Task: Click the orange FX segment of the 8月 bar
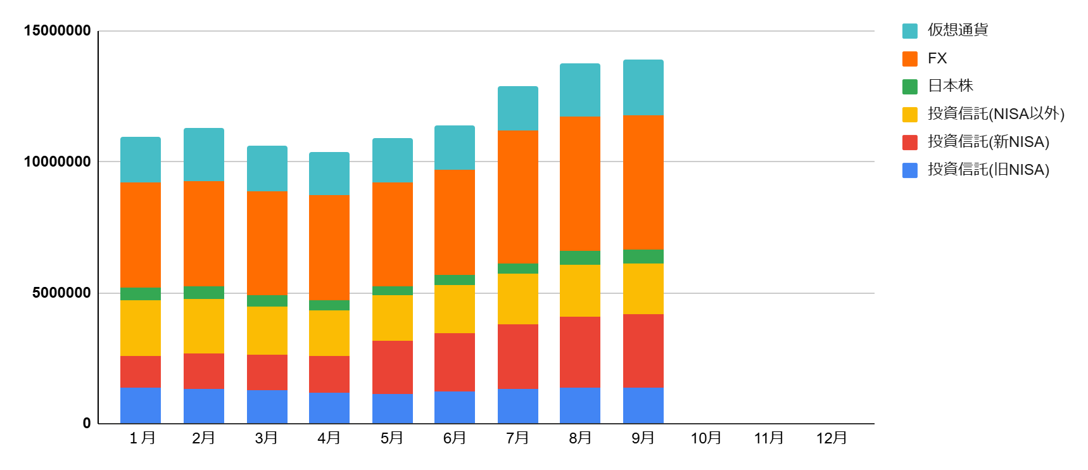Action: pos(579,183)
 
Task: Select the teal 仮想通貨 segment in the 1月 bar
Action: pos(140,159)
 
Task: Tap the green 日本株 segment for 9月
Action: pos(643,256)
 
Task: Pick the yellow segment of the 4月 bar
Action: pos(329,333)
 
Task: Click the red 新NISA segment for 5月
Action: pos(392,367)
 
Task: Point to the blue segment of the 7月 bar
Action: pos(517,405)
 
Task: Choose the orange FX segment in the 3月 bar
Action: pos(267,243)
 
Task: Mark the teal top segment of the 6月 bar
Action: pos(454,147)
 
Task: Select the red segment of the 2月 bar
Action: pos(203,371)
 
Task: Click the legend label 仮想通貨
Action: pos(957,30)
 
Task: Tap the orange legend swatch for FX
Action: pos(909,58)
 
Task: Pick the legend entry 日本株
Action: pos(950,86)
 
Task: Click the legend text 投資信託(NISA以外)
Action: pos(996,113)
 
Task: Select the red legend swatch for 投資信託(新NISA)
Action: pos(909,142)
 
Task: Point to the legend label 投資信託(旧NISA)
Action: pos(988,169)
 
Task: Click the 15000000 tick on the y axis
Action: pos(57,30)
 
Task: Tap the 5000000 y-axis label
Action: pos(61,293)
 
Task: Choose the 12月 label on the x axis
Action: pos(831,438)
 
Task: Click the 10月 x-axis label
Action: pos(705,438)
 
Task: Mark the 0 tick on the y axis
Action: pos(87,423)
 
